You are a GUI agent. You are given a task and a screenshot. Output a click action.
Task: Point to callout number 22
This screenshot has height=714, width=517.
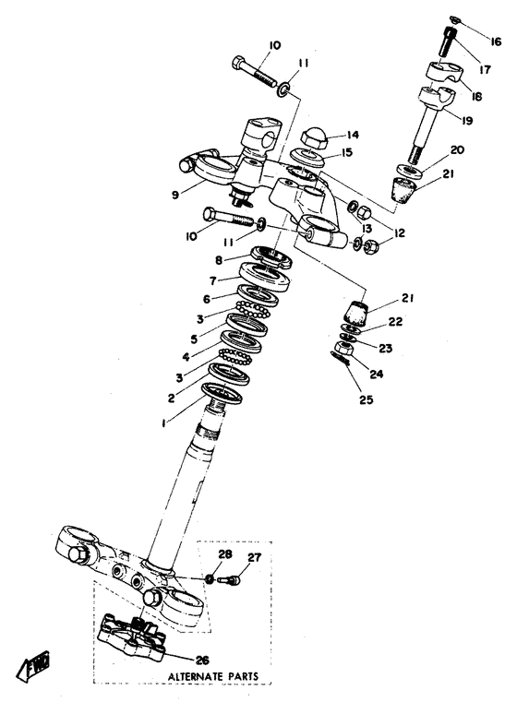pos(394,321)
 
